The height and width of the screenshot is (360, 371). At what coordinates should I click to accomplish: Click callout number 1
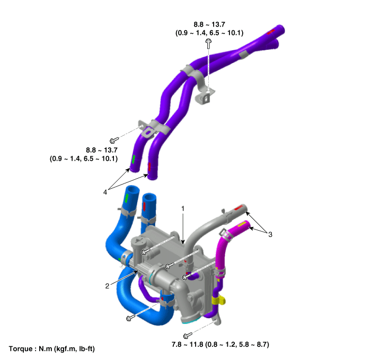click(183, 208)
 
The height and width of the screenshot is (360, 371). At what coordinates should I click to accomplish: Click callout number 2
click(107, 286)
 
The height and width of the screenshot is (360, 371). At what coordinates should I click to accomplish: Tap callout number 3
click(270, 234)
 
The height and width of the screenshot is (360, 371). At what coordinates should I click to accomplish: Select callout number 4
click(105, 192)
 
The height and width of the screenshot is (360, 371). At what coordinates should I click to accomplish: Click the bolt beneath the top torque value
click(208, 44)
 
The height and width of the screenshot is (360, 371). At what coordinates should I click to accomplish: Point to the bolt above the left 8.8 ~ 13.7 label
click(114, 141)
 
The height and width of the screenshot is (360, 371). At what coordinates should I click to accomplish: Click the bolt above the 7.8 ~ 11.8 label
click(188, 336)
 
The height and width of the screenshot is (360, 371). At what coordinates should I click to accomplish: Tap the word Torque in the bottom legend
click(21, 349)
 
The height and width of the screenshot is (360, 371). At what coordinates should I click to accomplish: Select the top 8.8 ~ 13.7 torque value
click(209, 24)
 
